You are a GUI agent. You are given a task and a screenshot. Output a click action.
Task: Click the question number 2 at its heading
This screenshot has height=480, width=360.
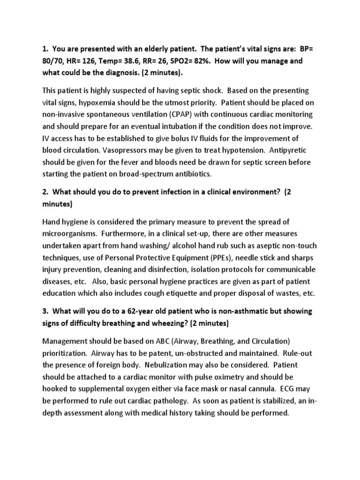[45, 192]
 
